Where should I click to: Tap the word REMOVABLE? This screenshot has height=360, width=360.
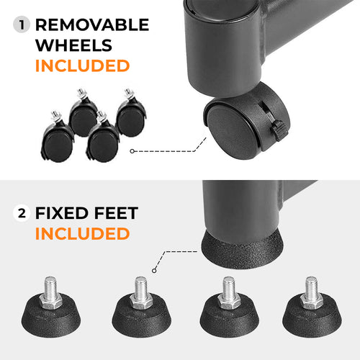[91, 25]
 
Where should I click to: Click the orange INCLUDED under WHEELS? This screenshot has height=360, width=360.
[82, 67]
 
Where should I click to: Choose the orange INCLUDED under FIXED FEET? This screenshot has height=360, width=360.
[82, 234]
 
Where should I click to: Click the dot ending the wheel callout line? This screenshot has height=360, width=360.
[132, 151]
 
